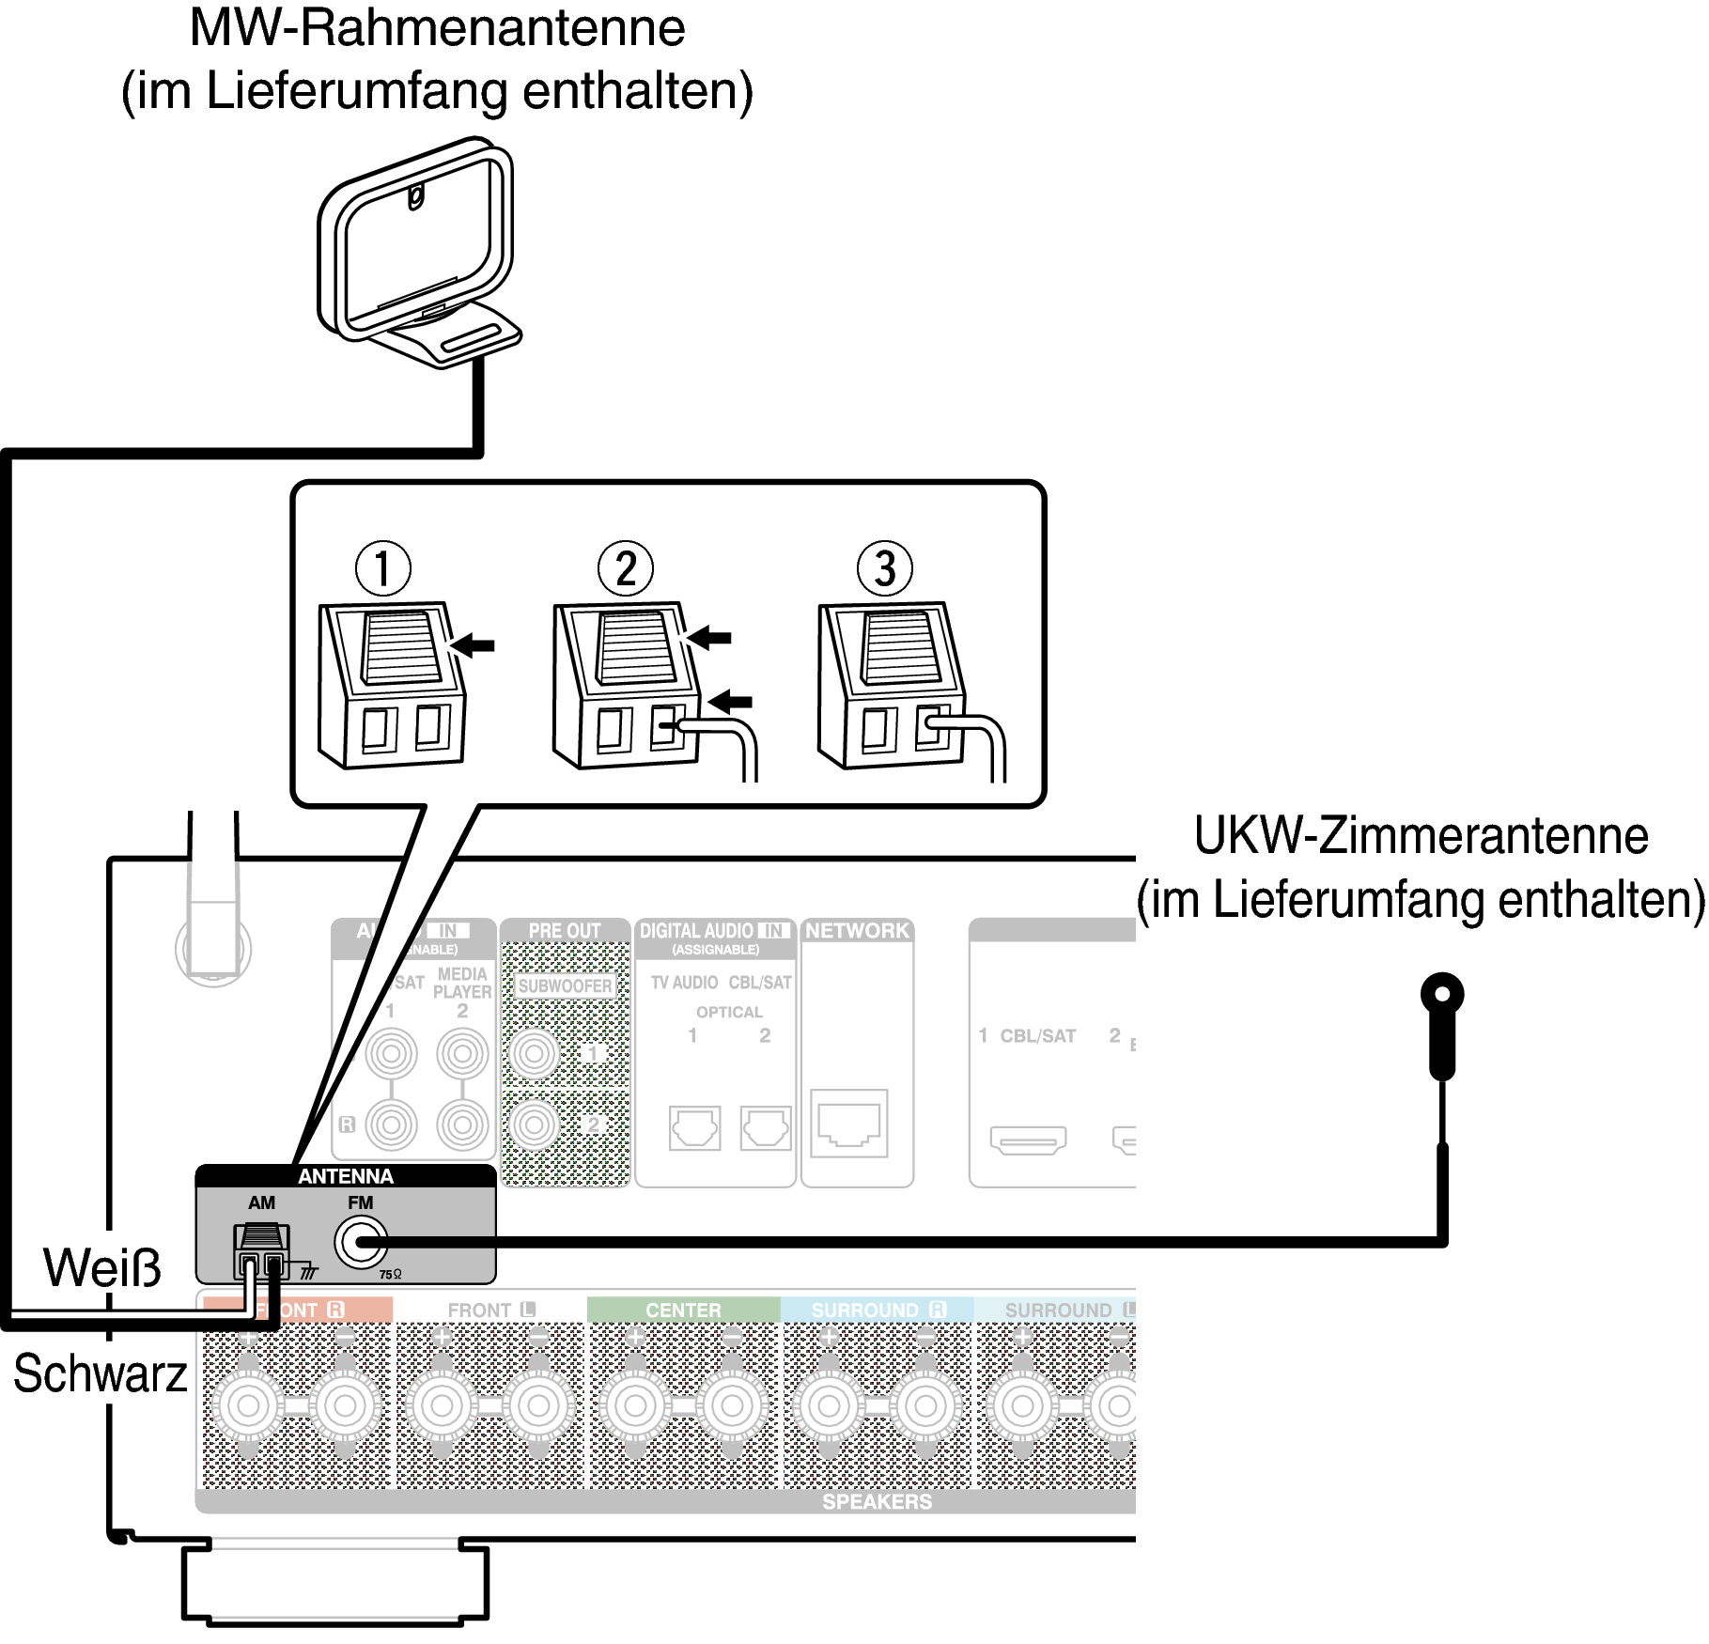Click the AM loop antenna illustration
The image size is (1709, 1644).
point(418,254)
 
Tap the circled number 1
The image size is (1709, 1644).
point(382,568)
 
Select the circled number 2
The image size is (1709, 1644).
point(625,568)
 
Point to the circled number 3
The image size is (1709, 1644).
point(884,568)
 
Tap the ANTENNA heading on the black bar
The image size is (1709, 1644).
point(345,1176)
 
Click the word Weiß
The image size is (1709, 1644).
point(101,1268)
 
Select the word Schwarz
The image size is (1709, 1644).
point(100,1373)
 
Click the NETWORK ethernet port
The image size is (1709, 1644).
point(848,1123)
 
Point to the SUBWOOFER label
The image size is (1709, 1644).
point(565,985)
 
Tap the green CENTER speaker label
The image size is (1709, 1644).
point(683,1310)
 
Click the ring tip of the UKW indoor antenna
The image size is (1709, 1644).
point(1442,994)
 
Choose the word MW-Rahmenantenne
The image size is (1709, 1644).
point(437,28)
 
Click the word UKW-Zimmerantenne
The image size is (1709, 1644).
point(1421,836)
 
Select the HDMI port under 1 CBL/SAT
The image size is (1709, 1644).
point(1028,1140)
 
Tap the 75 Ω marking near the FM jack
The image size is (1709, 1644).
point(390,1275)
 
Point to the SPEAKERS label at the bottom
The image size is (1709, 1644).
point(877,1501)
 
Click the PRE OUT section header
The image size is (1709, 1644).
point(564,930)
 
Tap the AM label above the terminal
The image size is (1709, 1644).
point(261,1202)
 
